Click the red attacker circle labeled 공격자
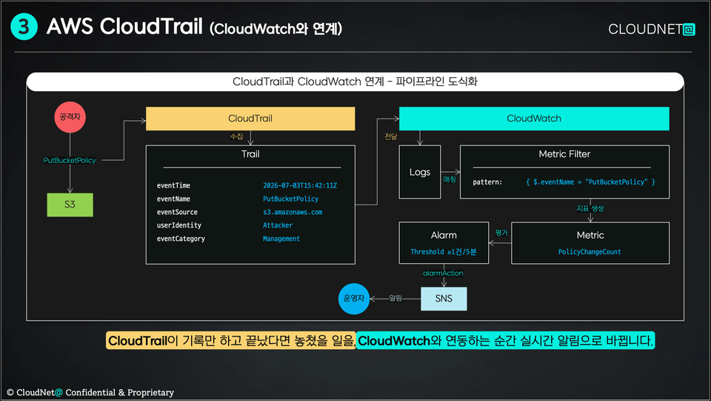tap(70, 117)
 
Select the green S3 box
tap(70, 205)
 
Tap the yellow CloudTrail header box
tap(250, 119)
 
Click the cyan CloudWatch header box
tap(534, 119)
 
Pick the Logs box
tap(419, 172)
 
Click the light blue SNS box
tap(444, 299)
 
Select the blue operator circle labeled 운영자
tap(354, 299)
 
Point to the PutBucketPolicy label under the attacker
tap(70, 160)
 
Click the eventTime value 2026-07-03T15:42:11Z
tap(300, 185)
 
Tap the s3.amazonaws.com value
tap(293, 212)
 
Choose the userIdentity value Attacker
tap(278, 225)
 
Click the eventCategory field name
tap(181, 239)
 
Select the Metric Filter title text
tap(564, 154)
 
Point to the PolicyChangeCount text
tap(590, 252)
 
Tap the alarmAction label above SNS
tap(443, 273)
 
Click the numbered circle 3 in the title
tap(24, 27)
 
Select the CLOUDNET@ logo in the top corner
tap(652, 29)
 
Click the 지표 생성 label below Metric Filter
tap(590, 209)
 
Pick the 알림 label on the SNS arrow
tap(395, 298)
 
